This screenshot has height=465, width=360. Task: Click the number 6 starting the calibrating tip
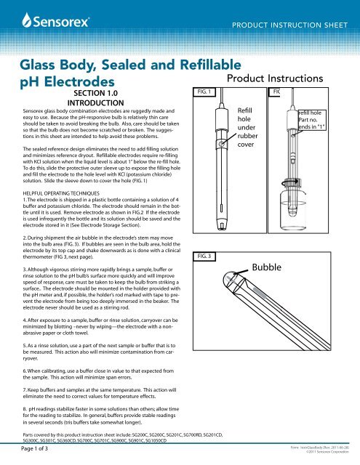tap(15, 368)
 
